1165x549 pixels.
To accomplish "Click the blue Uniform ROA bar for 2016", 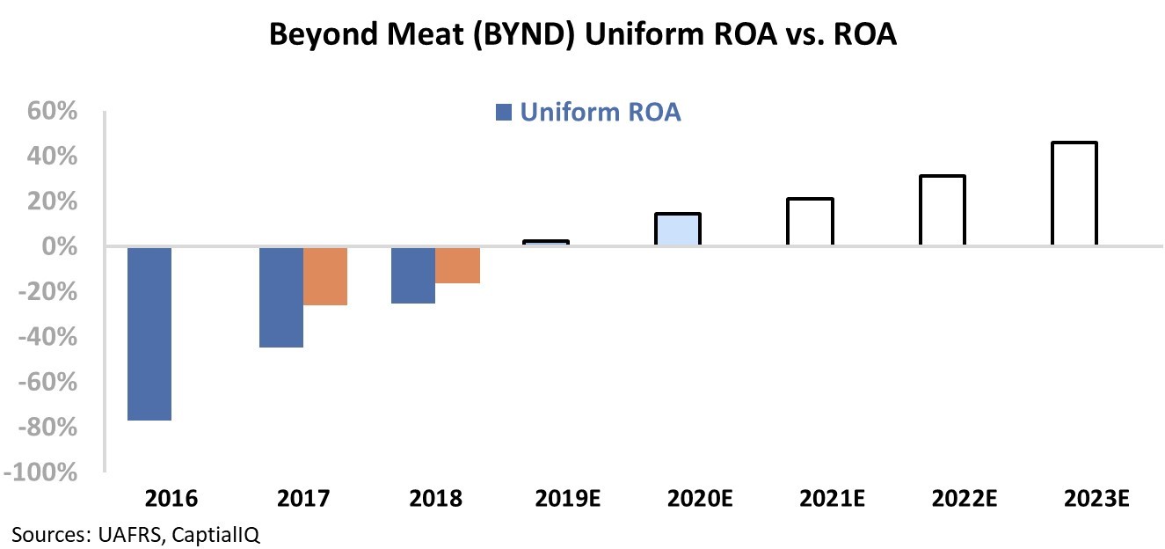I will point(149,333).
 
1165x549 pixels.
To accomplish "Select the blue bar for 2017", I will point(281,297).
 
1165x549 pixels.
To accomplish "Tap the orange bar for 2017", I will point(325,276).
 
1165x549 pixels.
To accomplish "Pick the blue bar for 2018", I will point(413,275).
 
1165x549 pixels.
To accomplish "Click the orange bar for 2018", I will point(457,265).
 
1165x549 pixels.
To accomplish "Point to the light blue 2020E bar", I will point(678,231).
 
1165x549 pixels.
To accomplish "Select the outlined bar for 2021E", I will point(810,223).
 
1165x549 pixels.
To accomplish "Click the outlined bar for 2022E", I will point(942,211).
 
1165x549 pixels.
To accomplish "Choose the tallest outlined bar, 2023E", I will point(1074,194).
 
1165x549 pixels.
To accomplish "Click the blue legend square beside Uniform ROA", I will point(503,113).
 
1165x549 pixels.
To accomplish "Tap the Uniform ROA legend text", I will point(600,113).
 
